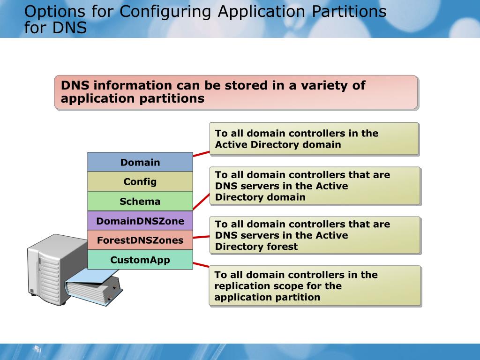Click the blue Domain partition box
(140, 162)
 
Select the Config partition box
(140, 182)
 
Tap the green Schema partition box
(140, 202)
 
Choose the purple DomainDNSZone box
(140, 221)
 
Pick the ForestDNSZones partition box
(140, 240)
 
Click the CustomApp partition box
(140, 260)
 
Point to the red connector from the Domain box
(201, 153)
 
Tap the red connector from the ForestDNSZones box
(201, 237)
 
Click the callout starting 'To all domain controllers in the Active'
(314, 139)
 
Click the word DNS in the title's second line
(69, 28)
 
